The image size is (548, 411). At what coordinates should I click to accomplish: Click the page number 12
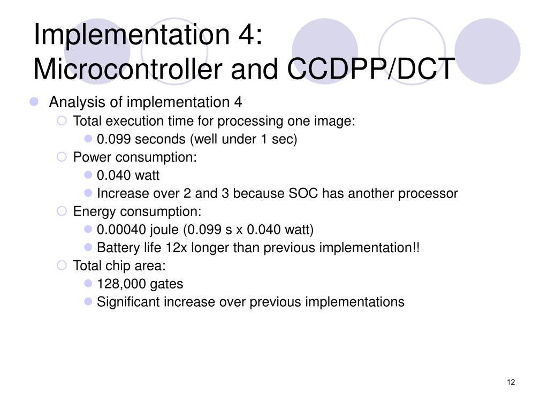coord(511,382)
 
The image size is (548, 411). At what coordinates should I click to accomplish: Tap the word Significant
coord(128,302)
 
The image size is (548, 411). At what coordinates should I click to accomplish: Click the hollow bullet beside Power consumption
coord(62,157)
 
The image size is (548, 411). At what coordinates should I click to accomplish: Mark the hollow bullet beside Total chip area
coord(62,265)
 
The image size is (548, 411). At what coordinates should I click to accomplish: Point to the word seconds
coord(158,139)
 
